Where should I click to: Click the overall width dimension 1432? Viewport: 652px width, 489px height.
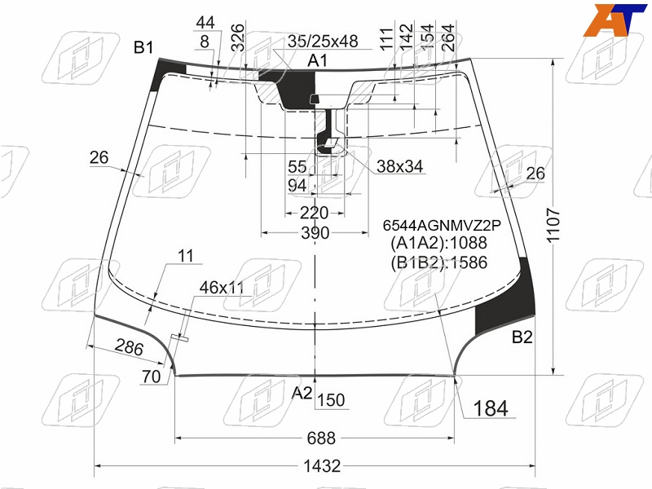tap(322, 465)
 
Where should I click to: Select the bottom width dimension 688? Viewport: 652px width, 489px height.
tap(321, 438)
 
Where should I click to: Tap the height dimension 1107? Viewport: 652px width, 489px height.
tap(553, 225)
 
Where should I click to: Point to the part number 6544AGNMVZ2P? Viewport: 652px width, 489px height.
tap(442, 225)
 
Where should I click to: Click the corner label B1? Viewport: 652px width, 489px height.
tap(143, 47)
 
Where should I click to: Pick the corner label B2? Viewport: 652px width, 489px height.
tap(522, 337)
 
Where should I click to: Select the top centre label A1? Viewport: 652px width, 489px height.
tap(317, 60)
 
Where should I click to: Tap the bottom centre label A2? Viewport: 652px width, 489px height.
tap(302, 393)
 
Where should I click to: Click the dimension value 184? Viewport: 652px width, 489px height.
tap(491, 408)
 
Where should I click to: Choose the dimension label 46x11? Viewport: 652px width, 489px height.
tap(222, 288)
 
